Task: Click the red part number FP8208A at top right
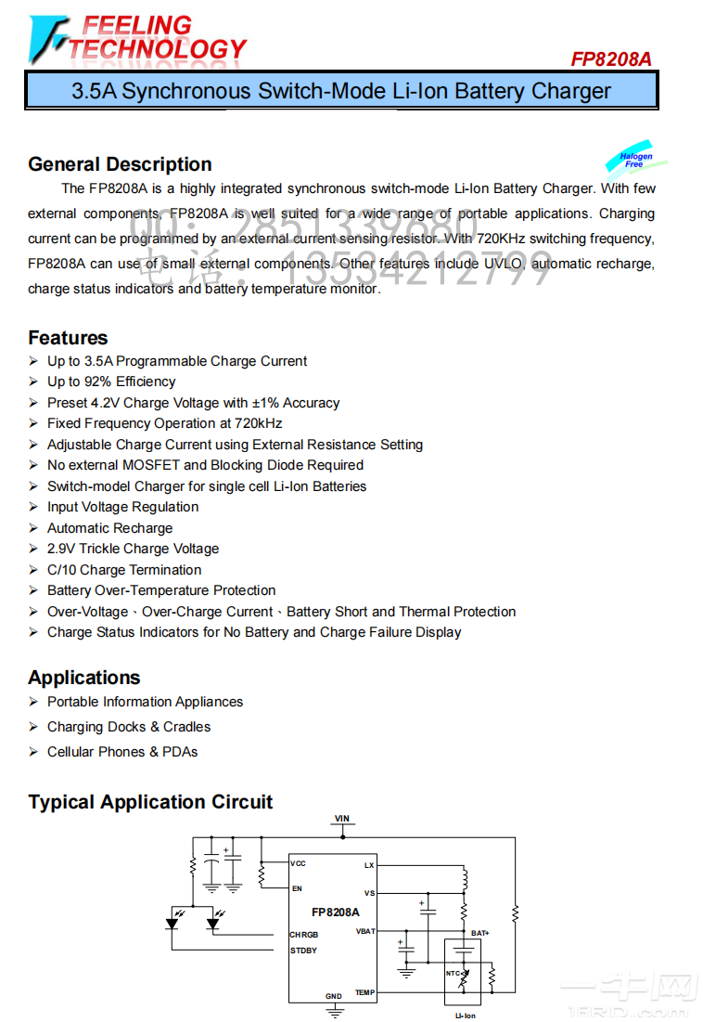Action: tap(610, 58)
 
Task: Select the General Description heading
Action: tap(120, 164)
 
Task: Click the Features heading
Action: tap(68, 338)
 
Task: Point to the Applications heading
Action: tap(83, 678)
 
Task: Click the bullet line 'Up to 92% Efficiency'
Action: tap(111, 382)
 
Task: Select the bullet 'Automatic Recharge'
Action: tap(109, 528)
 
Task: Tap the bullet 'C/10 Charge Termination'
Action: tap(124, 570)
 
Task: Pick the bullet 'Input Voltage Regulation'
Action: tap(122, 507)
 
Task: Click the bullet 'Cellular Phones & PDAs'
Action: tap(122, 752)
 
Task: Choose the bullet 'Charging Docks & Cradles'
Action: tap(129, 727)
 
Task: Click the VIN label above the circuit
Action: tap(342, 819)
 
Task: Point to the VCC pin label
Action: tap(298, 863)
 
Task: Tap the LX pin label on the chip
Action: tap(369, 864)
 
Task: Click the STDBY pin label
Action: tap(303, 951)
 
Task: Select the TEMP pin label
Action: tap(364, 992)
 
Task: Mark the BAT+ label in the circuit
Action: tap(479, 933)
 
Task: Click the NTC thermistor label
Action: tap(454, 973)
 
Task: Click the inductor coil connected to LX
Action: tap(464, 878)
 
